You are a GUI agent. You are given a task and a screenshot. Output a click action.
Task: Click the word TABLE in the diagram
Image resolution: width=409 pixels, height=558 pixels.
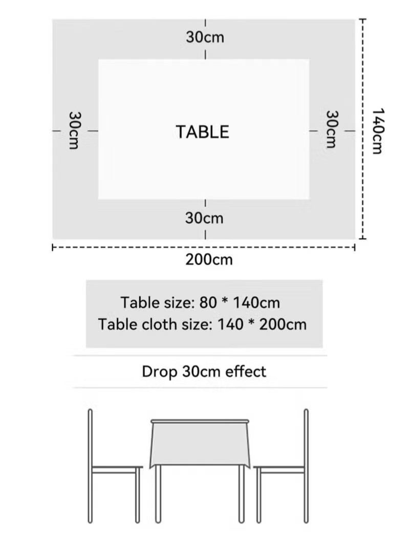[203, 132]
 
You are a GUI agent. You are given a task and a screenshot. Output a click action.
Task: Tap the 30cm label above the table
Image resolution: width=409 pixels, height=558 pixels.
[205, 37]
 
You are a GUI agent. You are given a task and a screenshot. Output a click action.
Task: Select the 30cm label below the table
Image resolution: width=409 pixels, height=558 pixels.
[204, 218]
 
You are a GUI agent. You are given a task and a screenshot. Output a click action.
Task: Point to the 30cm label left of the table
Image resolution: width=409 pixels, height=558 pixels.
[74, 131]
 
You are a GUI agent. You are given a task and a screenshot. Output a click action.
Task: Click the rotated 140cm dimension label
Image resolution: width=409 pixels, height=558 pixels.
[378, 131]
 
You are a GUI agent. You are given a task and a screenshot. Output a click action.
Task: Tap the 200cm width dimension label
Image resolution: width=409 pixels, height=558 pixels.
[209, 260]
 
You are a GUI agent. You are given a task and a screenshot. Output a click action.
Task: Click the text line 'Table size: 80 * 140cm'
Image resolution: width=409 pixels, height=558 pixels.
[200, 303]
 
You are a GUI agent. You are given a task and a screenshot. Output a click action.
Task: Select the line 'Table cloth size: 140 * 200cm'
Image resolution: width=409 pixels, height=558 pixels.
[203, 325]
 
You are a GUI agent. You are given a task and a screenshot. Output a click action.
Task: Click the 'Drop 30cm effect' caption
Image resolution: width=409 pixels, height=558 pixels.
[204, 371]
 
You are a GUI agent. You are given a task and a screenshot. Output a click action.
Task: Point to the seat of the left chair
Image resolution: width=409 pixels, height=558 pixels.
[116, 468]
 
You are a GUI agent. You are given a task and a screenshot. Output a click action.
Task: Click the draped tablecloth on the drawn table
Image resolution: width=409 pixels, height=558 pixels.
[200, 443]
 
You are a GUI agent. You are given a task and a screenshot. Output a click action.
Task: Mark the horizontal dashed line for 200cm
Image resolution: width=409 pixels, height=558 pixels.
[128, 248]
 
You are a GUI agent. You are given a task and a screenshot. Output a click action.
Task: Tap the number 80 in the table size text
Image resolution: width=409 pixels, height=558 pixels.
[209, 303]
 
